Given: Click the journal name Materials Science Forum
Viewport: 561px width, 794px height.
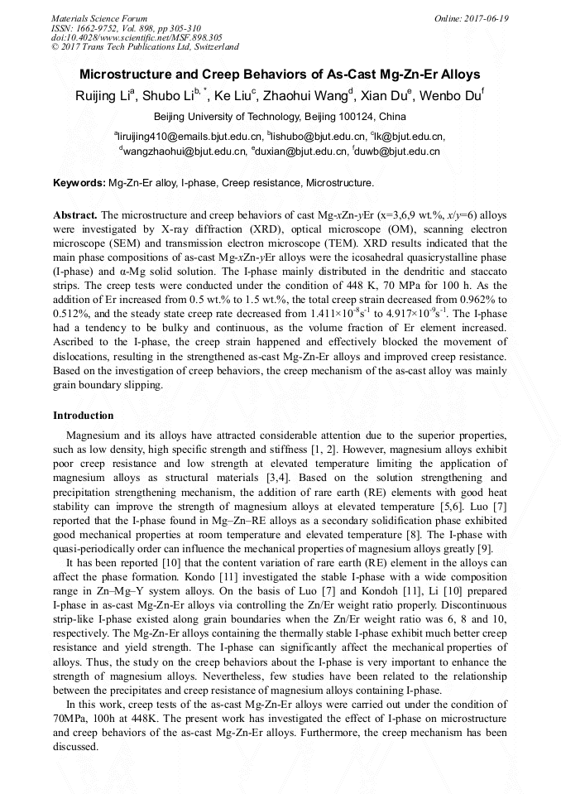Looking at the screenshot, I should click(x=99, y=18).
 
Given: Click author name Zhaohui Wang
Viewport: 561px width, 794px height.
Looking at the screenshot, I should click(x=308, y=96).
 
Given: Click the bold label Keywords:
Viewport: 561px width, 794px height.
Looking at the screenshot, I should click(x=79, y=182).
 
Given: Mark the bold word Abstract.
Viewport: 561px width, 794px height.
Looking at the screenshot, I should click(x=76, y=214).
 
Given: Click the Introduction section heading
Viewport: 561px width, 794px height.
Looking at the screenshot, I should click(x=83, y=415).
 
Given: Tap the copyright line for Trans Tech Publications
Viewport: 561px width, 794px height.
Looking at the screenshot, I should click(x=145, y=47).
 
